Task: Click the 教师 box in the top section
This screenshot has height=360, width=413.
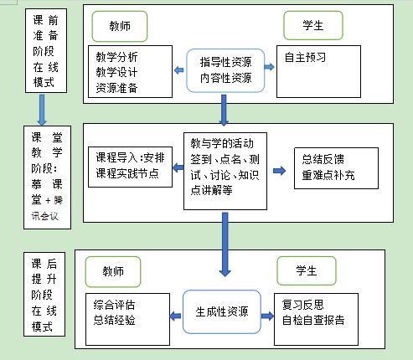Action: (x=120, y=26)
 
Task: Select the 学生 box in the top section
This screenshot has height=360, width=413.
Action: (x=313, y=25)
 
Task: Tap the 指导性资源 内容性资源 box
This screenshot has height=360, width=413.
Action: (x=225, y=70)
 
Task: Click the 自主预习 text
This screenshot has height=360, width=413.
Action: (x=305, y=58)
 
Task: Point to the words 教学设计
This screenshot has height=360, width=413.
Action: (x=116, y=72)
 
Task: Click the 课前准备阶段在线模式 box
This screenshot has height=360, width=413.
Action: (x=46, y=50)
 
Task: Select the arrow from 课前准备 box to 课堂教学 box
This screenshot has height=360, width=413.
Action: (x=42, y=110)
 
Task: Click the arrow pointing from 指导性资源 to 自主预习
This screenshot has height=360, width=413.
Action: (x=269, y=67)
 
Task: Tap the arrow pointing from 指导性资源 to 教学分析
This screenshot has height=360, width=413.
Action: (x=178, y=70)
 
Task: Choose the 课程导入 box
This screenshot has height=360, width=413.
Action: (x=130, y=167)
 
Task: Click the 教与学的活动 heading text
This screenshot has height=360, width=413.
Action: (x=222, y=143)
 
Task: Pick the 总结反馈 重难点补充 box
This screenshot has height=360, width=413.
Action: (x=336, y=168)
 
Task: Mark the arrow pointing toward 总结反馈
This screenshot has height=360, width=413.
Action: (x=279, y=171)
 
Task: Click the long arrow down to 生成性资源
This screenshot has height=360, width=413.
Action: (x=225, y=244)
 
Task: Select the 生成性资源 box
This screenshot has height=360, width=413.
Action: (x=222, y=311)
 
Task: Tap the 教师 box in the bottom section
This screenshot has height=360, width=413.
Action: (x=113, y=271)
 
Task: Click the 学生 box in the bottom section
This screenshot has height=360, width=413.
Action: (x=307, y=270)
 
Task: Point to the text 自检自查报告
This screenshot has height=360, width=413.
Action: (x=313, y=320)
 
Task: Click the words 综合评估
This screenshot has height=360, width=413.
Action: (x=114, y=305)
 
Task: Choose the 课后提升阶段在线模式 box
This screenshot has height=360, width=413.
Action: (x=44, y=295)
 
